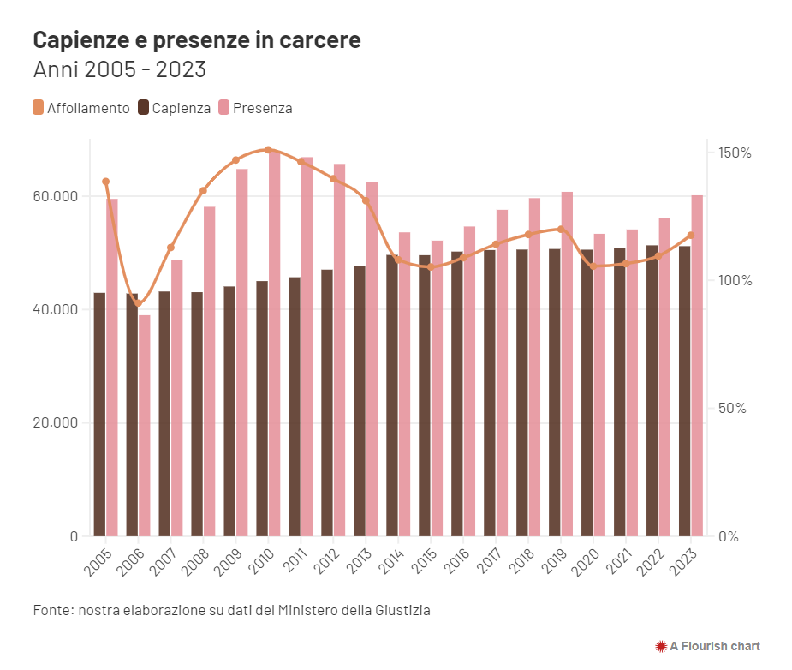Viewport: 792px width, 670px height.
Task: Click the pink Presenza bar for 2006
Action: [x=145, y=426]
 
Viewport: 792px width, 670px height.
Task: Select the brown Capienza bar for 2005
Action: [x=99, y=415]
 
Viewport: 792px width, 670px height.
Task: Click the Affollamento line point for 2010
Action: [x=268, y=150]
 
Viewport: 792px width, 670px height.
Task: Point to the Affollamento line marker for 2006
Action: [x=139, y=303]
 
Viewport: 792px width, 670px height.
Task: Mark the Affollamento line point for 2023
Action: [x=690, y=236]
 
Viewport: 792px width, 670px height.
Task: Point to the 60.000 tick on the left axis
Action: [x=55, y=196]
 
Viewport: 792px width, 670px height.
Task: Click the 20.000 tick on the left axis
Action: [x=55, y=423]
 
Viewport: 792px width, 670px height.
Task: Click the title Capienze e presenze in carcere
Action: [x=197, y=40]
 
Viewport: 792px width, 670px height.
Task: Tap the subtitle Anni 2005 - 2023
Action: [x=119, y=69]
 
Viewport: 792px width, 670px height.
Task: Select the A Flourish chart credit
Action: [x=707, y=646]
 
